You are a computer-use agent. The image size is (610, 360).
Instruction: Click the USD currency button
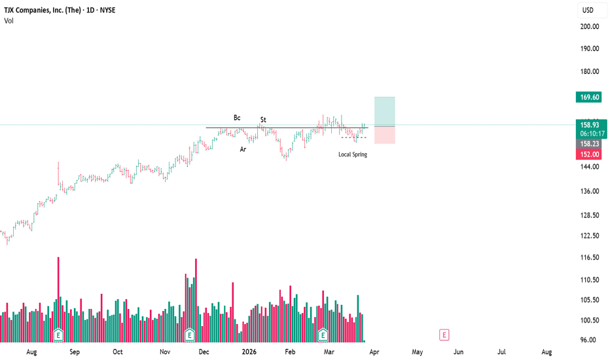coord(588,10)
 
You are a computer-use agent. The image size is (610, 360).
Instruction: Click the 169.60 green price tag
coord(589,97)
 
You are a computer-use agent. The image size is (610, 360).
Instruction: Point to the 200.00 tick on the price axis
coord(589,26)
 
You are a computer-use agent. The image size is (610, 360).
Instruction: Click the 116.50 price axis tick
coord(589,258)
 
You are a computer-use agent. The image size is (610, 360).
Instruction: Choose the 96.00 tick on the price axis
coord(589,340)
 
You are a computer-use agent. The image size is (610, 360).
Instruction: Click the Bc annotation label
coord(237,118)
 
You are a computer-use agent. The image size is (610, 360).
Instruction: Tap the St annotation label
coord(263,120)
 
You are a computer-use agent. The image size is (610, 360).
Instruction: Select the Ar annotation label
coord(243,149)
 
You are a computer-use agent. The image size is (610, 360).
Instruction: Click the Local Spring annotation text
coord(353,154)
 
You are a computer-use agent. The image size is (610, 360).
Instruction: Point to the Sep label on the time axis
coord(74,351)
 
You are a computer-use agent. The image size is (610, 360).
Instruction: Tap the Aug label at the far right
coord(546,351)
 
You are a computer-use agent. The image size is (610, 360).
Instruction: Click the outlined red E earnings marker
coord(444,335)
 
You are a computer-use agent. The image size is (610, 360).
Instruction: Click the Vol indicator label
coord(9,21)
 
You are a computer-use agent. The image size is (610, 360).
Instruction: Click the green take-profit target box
coord(384,111)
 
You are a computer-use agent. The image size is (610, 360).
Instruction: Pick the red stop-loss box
coord(384,135)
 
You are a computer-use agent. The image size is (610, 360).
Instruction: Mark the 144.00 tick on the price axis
coord(589,167)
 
